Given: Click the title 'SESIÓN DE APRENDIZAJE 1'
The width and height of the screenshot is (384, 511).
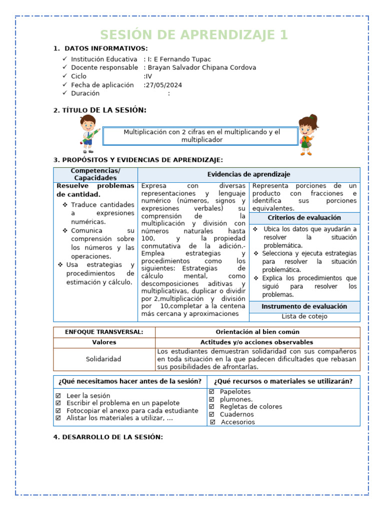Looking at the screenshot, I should click(x=194, y=35).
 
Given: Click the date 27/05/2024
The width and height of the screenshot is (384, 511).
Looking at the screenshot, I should click(x=164, y=85).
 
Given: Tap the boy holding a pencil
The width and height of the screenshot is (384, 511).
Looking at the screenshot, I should click(x=88, y=133).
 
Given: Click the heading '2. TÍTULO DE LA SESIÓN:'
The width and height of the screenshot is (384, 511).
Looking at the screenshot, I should click(x=100, y=110).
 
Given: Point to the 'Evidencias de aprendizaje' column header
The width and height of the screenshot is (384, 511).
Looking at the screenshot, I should click(x=248, y=174).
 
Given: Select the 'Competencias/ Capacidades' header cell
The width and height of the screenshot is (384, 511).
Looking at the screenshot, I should click(x=95, y=174).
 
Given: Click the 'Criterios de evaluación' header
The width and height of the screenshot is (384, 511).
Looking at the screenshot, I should click(x=304, y=218).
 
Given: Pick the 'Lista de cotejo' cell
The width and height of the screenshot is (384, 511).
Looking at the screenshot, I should click(x=304, y=316).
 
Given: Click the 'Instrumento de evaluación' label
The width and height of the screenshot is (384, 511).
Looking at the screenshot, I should click(x=304, y=306).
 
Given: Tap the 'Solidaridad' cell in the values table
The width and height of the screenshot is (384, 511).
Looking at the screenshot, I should click(x=103, y=359).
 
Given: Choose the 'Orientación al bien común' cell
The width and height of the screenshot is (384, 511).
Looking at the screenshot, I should click(x=257, y=332).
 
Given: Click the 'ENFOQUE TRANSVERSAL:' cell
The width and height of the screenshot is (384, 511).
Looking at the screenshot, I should click(x=104, y=332).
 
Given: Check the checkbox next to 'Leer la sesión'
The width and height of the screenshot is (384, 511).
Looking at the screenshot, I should click(x=58, y=396).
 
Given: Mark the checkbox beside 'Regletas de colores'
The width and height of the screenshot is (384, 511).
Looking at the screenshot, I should click(x=211, y=407).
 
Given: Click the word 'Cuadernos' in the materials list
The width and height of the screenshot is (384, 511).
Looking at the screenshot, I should click(x=236, y=414).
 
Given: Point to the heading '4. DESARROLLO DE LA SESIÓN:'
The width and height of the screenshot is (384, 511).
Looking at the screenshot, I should click(x=108, y=437).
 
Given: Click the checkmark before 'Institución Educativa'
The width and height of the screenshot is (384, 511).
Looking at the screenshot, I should click(x=65, y=59).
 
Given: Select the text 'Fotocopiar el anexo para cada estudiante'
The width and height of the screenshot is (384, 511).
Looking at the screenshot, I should click(x=132, y=411).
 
